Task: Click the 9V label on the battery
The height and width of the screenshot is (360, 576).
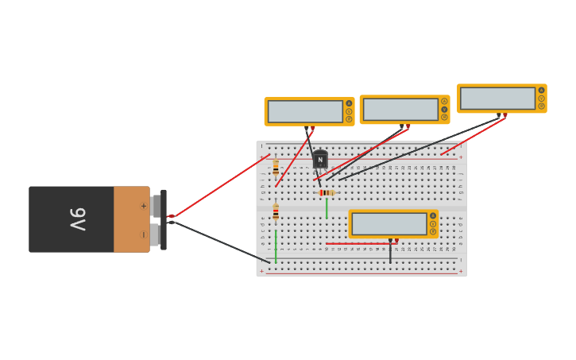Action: [x=77, y=219]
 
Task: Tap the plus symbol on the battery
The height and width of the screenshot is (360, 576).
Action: [x=143, y=206]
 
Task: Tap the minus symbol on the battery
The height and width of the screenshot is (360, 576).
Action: [x=143, y=234]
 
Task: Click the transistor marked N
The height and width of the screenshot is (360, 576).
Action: [x=320, y=160]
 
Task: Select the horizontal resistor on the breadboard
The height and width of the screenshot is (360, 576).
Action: [x=327, y=192]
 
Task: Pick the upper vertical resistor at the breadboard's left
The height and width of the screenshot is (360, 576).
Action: [x=276, y=168]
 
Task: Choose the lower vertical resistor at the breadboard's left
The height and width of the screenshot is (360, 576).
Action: [x=276, y=211]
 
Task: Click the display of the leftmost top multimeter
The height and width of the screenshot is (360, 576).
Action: [x=305, y=111]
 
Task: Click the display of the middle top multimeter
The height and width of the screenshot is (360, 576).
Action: [x=400, y=110]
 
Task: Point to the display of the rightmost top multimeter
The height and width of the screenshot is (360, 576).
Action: [x=497, y=99]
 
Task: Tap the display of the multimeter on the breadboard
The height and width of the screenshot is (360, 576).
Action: [x=389, y=224]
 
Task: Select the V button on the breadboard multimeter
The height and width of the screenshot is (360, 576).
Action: [x=433, y=223]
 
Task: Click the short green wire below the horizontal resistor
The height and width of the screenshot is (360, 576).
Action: [x=326, y=207]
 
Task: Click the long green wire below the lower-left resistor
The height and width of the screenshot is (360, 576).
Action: [x=276, y=246]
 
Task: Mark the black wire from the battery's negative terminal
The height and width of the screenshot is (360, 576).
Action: [x=222, y=242]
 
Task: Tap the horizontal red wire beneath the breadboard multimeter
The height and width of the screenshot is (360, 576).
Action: [x=358, y=243]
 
